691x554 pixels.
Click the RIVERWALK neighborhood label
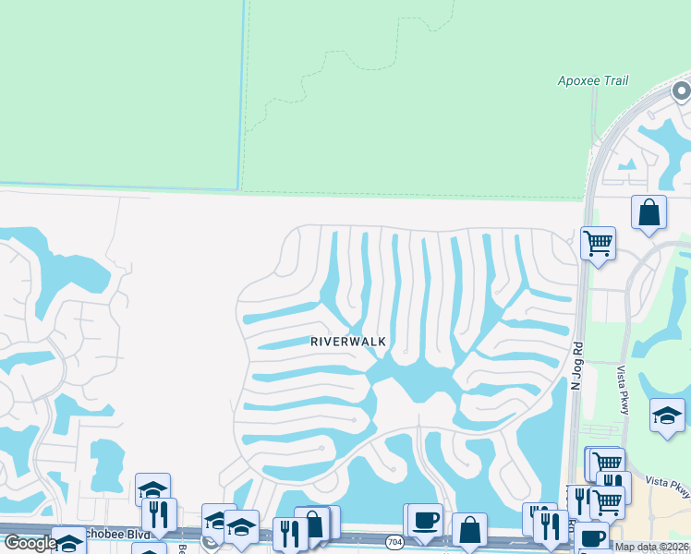tap(348, 341)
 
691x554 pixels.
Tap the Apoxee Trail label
tap(592, 81)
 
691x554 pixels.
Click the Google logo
tap(30, 543)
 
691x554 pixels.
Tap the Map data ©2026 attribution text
tap(651, 547)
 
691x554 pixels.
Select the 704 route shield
tap(394, 540)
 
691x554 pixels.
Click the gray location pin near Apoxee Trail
tap(682, 91)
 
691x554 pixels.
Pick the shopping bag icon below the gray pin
tap(649, 211)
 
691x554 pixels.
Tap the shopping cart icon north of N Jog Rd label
tap(598, 244)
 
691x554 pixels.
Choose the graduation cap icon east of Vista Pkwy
tap(667, 415)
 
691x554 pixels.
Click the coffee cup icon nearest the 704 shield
tap(425, 519)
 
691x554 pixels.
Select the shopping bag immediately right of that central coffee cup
tap(470, 529)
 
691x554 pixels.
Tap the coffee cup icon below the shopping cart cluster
tap(592, 537)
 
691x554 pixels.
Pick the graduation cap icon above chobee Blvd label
tap(152, 488)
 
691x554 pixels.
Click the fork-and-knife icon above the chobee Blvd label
tap(159, 514)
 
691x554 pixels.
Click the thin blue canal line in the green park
tap(242, 92)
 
